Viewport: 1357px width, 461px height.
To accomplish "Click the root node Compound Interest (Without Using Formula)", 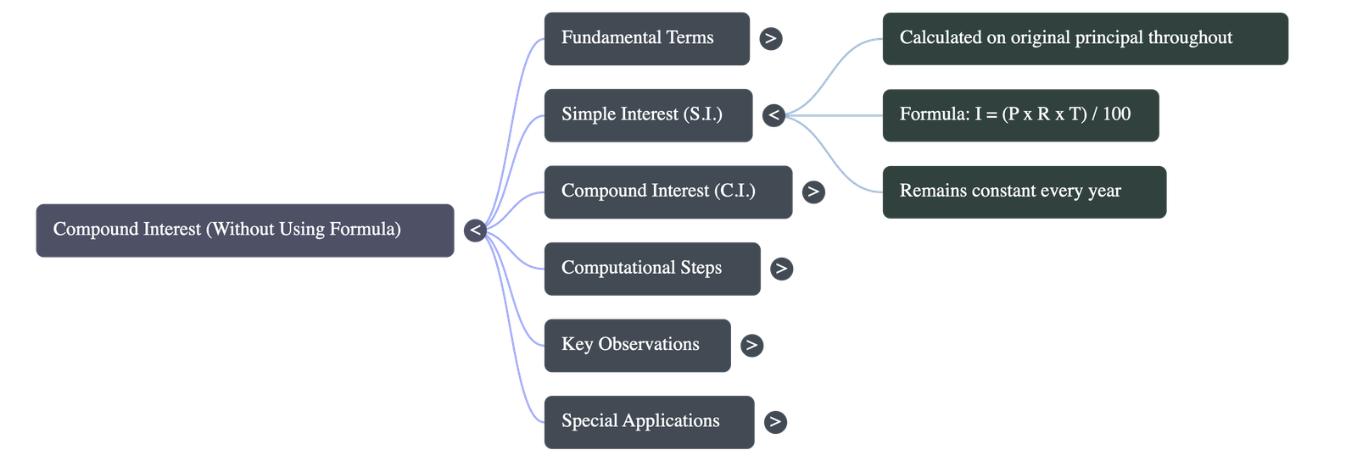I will coord(244,230).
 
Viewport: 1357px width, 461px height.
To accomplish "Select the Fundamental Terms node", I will coord(646,38).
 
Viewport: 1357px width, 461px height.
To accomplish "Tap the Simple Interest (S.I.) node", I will coord(648,114).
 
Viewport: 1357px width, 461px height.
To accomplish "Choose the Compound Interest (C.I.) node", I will coord(667,192).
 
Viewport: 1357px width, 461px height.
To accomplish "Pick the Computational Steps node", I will coord(651,268).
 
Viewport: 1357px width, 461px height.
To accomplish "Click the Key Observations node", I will coord(636,345).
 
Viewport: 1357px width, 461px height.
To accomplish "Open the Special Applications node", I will coord(648,421).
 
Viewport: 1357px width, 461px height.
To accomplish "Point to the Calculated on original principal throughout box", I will coord(1085,38).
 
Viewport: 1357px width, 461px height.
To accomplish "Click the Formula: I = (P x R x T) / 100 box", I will coord(1020,114).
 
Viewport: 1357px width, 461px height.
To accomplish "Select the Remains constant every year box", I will coord(1024,192).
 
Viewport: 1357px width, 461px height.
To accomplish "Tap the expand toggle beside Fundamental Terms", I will coord(770,38).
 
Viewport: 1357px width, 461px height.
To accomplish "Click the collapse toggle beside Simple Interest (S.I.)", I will coord(773,114).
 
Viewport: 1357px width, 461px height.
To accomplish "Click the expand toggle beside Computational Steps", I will coord(781,269).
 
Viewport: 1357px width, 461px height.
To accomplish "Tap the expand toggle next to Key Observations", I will coord(751,345).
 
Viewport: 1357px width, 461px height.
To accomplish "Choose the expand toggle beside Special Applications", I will coord(774,421).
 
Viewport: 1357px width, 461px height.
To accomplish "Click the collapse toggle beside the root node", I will coord(475,230).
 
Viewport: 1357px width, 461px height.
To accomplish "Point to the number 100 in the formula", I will coord(1116,114).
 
